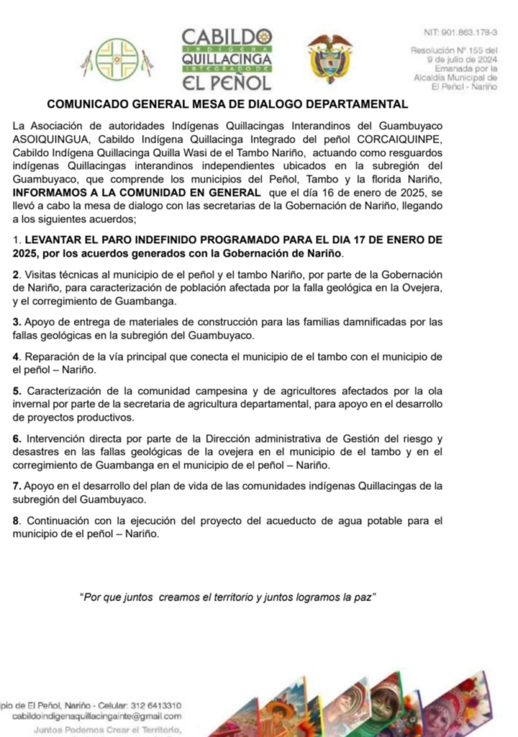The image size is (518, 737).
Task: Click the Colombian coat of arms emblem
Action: click(330, 59)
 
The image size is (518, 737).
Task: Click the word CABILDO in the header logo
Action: click(226, 37)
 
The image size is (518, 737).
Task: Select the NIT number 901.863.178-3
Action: click(466, 34)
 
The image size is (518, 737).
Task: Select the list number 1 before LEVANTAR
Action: click(16, 238)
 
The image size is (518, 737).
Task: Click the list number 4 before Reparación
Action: click(16, 357)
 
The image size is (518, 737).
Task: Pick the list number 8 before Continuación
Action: click(16, 520)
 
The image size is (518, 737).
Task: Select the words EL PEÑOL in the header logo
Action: click(226, 81)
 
